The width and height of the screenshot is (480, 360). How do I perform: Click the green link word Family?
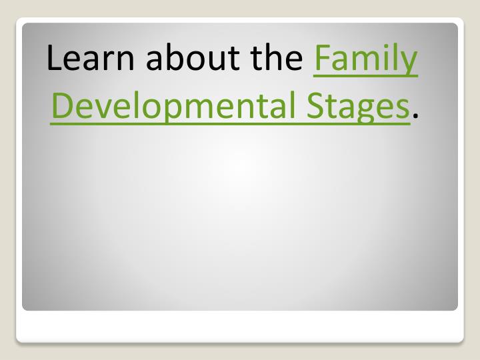pos(365,61)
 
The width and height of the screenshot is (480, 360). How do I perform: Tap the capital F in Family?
pos(321,59)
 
